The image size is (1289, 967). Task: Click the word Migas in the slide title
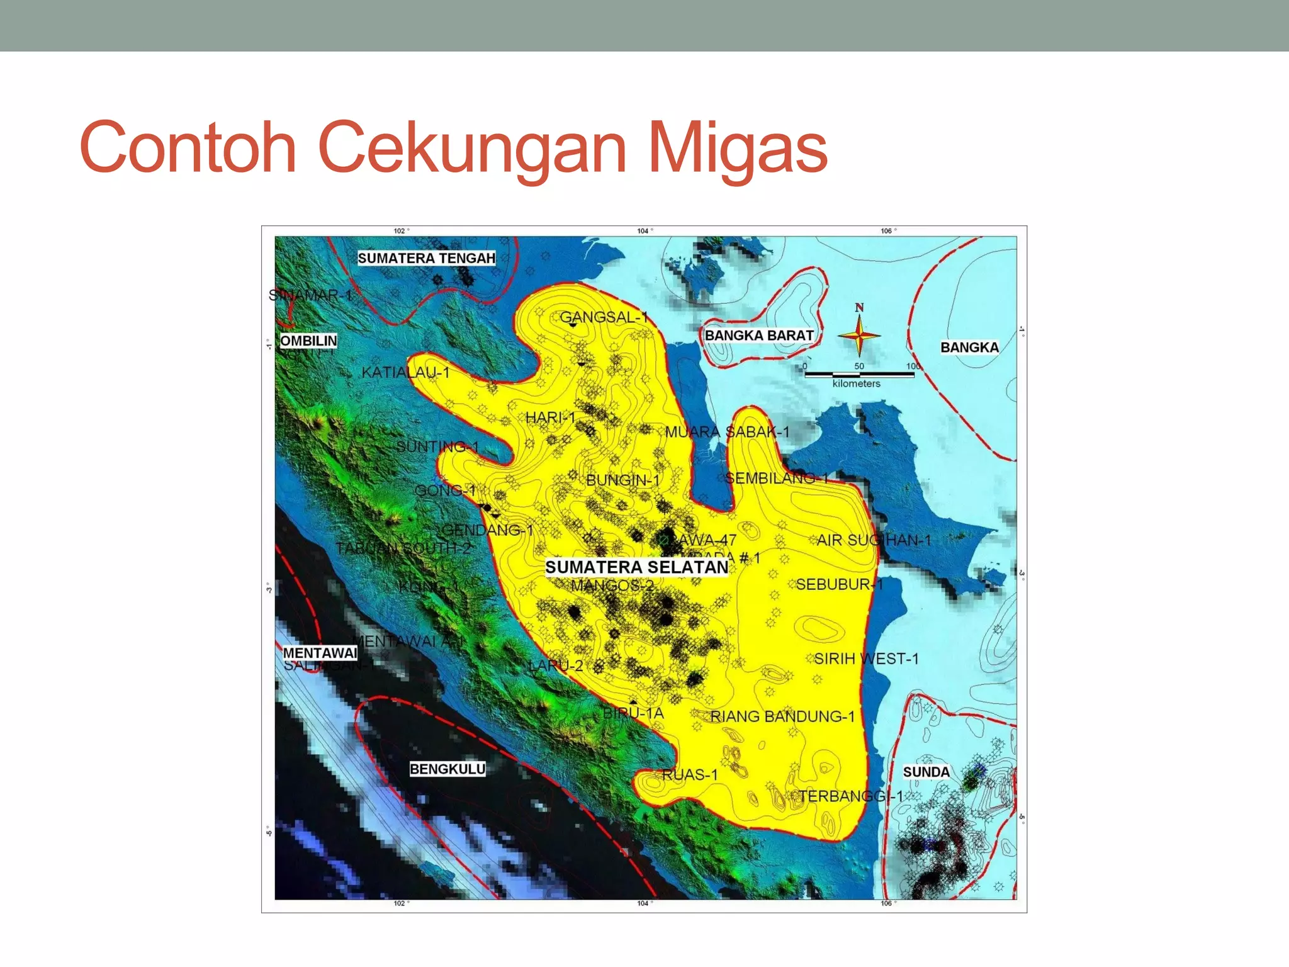737,148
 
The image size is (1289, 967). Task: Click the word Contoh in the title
188,148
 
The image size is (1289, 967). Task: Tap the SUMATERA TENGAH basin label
426,258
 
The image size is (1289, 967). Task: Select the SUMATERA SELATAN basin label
636,567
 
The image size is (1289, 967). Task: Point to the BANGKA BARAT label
759,336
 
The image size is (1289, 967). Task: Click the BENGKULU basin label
447,769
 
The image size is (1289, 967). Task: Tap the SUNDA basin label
926,772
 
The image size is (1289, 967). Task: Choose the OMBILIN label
308,341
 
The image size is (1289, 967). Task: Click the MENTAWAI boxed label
320,653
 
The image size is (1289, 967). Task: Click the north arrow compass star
859,336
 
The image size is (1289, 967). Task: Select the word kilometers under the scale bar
856,383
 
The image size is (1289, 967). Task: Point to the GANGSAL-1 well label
604,317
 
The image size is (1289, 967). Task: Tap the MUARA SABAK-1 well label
727,432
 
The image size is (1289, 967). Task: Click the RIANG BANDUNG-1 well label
782,716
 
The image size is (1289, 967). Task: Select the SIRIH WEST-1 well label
866,659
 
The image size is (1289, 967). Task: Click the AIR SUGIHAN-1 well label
874,540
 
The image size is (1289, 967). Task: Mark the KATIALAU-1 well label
405,373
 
